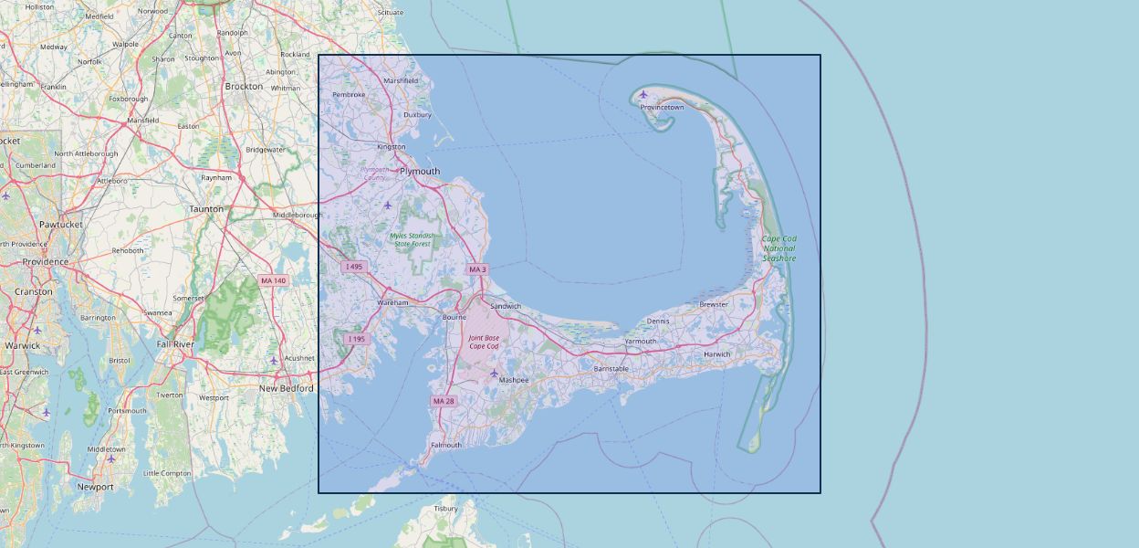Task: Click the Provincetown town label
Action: point(662,108)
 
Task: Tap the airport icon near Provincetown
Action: point(643,94)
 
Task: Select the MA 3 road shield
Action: point(477,269)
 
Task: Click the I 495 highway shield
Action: point(354,267)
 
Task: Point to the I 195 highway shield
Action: point(356,339)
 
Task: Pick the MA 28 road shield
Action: point(444,401)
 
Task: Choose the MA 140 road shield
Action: point(273,280)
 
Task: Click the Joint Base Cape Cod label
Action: point(484,342)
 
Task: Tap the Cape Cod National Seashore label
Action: point(779,248)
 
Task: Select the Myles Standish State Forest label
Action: point(411,239)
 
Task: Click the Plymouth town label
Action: point(420,172)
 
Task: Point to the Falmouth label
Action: point(446,446)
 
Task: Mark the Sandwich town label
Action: point(506,306)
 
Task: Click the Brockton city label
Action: point(244,87)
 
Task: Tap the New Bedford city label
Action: point(287,388)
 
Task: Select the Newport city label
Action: point(95,487)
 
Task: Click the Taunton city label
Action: point(206,209)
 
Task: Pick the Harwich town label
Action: point(717,354)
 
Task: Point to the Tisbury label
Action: point(445,509)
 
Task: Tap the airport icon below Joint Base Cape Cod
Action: point(495,373)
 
